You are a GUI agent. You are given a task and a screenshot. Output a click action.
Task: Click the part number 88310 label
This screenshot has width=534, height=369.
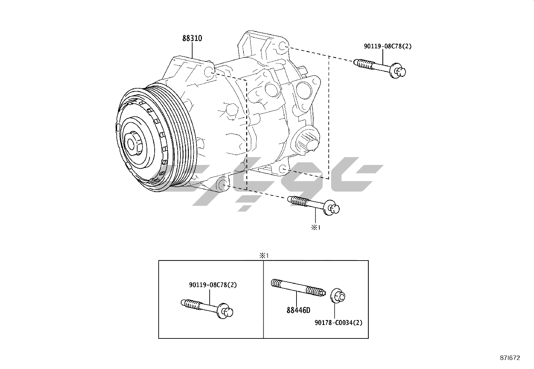click(x=192, y=38)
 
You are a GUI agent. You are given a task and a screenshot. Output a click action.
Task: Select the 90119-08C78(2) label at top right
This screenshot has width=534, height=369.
click(x=387, y=46)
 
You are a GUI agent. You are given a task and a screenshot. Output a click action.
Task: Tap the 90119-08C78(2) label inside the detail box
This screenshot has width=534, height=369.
click(x=213, y=285)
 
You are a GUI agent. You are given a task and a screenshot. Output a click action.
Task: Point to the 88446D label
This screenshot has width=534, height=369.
click(x=298, y=310)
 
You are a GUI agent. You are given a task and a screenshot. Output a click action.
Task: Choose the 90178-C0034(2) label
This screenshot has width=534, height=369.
click(x=338, y=323)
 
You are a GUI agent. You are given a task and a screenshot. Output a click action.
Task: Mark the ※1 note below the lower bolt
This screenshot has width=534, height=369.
click(x=316, y=227)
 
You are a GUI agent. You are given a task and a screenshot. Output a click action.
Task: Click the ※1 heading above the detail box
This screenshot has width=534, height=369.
click(x=264, y=256)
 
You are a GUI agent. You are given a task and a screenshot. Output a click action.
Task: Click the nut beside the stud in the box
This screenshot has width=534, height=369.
click(x=338, y=296)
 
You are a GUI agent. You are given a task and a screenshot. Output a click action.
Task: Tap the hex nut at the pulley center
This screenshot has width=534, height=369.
click(x=133, y=143)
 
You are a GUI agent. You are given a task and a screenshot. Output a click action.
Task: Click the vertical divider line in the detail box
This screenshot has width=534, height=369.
click(x=263, y=299)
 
